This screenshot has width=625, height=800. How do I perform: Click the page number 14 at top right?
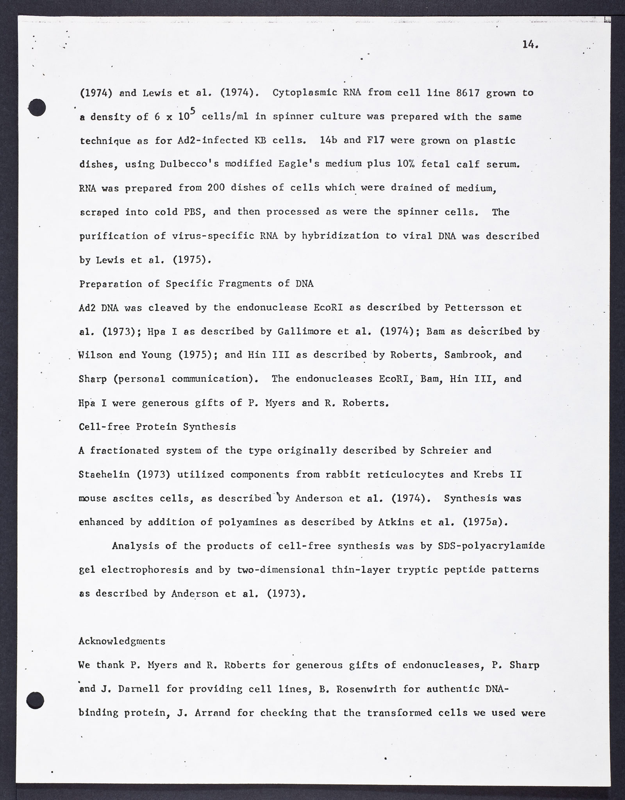click(530, 45)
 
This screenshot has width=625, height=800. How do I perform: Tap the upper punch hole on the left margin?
click(37, 107)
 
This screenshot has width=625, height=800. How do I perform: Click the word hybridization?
click(337, 236)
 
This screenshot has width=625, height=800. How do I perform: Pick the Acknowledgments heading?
click(122, 641)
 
